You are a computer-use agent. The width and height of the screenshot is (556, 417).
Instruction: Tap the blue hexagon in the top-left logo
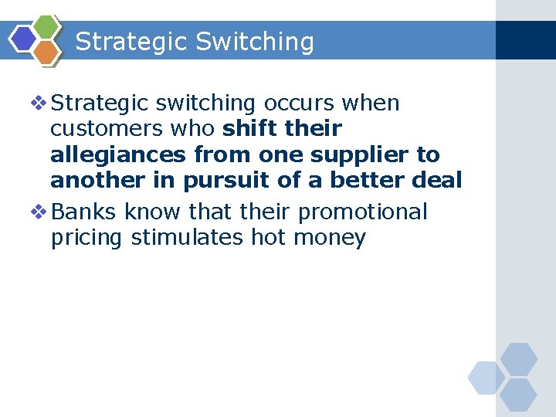pyautogui.click(x=23, y=38)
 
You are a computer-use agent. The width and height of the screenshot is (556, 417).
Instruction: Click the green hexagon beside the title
pyautogui.click(x=47, y=27)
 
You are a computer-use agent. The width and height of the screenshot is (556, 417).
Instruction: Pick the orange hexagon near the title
pyautogui.click(x=47, y=52)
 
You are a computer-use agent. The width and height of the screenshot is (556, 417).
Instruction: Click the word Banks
pyautogui.click(x=87, y=212)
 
